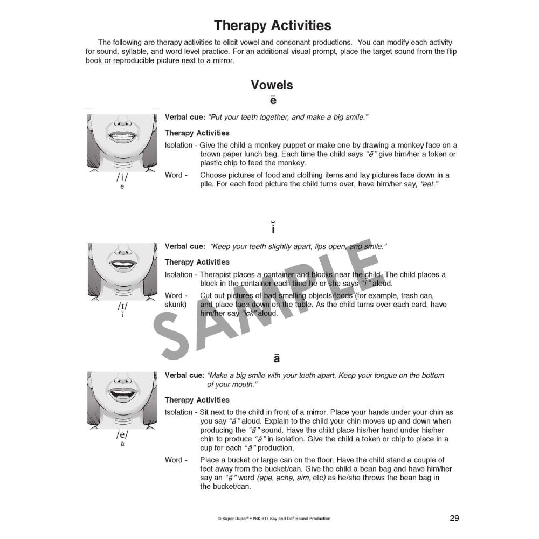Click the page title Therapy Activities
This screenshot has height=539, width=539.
point(272,25)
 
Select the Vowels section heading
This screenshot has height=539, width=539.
point(272,85)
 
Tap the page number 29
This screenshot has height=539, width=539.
point(454,518)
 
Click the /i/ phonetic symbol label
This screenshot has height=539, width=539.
point(122,178)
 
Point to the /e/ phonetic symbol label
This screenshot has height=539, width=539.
point(122,436)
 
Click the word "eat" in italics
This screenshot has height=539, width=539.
point(430,184)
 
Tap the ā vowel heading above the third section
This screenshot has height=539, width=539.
point(277,358)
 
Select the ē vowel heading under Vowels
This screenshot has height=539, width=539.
point(273,100)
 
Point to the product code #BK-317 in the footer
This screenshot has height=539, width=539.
point(264,519)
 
